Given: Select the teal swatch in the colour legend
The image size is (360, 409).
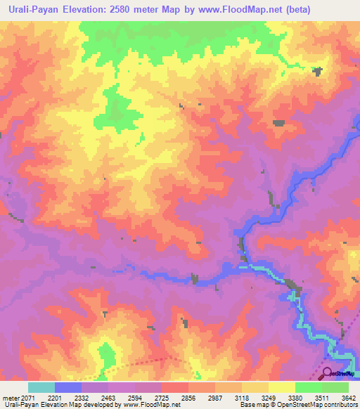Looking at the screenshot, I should (41, 387).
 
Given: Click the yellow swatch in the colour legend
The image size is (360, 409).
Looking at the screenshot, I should (282, 387).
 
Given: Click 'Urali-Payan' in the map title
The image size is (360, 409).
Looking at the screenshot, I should (36, 10).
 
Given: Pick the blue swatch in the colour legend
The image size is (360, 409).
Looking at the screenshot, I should (68, 387).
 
